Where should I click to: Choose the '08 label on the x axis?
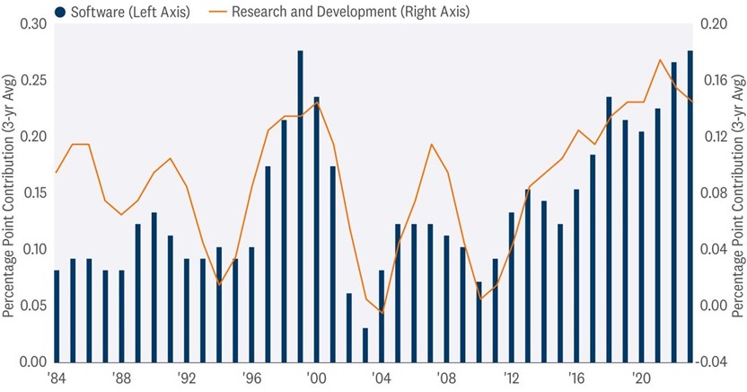445,377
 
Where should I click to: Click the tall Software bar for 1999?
300,207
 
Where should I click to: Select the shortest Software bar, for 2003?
365,345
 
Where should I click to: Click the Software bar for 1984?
57,316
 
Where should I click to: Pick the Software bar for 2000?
316,229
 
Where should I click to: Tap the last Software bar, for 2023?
690,207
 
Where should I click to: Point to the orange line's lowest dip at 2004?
382,313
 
